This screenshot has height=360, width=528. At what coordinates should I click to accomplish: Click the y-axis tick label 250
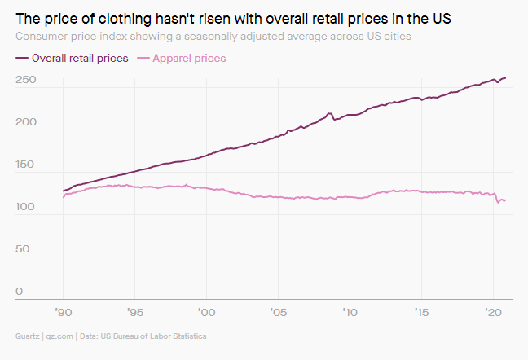(24, 80)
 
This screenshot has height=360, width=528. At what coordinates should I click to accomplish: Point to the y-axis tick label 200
(24, 122)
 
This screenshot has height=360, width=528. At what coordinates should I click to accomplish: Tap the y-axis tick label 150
(24, 165)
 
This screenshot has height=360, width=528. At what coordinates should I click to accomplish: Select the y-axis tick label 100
(24, 207)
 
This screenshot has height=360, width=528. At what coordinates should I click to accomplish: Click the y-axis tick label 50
(22, 249)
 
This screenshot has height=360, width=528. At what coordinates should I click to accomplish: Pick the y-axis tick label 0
(19, 292)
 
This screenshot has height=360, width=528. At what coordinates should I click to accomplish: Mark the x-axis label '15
(421, 312)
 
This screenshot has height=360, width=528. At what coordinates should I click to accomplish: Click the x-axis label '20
(492, 312)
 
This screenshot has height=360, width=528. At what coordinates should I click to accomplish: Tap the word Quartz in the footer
(28, 336)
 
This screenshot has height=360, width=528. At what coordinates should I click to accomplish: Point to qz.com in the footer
(59, 336)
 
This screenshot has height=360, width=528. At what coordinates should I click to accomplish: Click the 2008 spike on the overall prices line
(329, 113)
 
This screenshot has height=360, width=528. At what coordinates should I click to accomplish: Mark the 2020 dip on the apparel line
(499, 201)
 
